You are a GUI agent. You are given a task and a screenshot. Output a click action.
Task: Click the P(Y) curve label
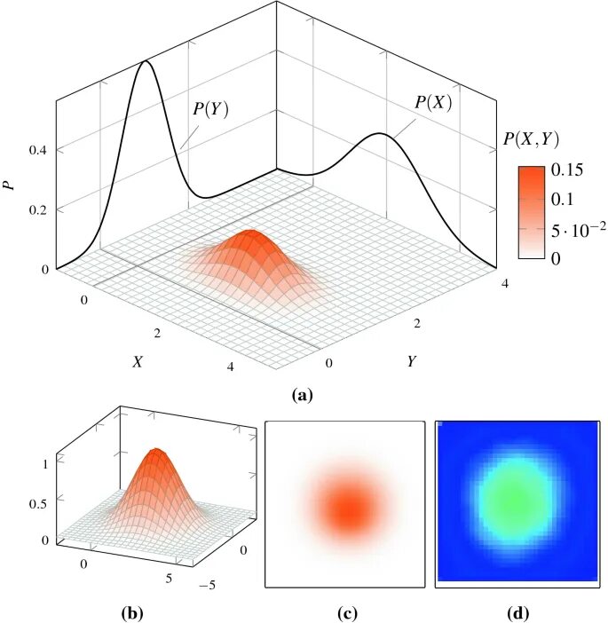(210, 109)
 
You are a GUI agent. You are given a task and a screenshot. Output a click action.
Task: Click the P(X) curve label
(433, 102)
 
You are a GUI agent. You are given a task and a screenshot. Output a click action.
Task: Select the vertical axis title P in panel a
(10, 185)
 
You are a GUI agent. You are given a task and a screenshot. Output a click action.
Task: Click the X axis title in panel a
(138, 361)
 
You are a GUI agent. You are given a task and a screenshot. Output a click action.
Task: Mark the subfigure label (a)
(303, 396)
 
